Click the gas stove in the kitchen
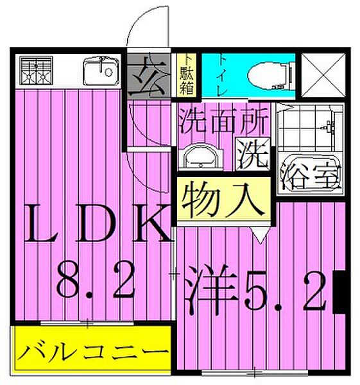coord(35,71)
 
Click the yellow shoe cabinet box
coord(187,74)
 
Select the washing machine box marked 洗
coord(253,154)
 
